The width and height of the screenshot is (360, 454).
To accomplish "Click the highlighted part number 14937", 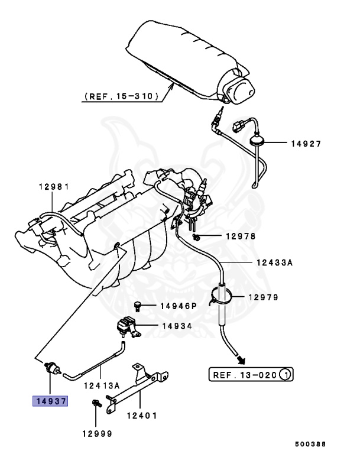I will pos(50,401).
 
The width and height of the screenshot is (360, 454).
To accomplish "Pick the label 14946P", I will pos(178,306).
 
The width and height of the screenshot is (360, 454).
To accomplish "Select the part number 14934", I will pos(178,326).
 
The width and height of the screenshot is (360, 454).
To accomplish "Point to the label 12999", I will pos(98,433).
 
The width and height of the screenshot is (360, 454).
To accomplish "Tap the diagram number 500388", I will pos(309,443).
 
